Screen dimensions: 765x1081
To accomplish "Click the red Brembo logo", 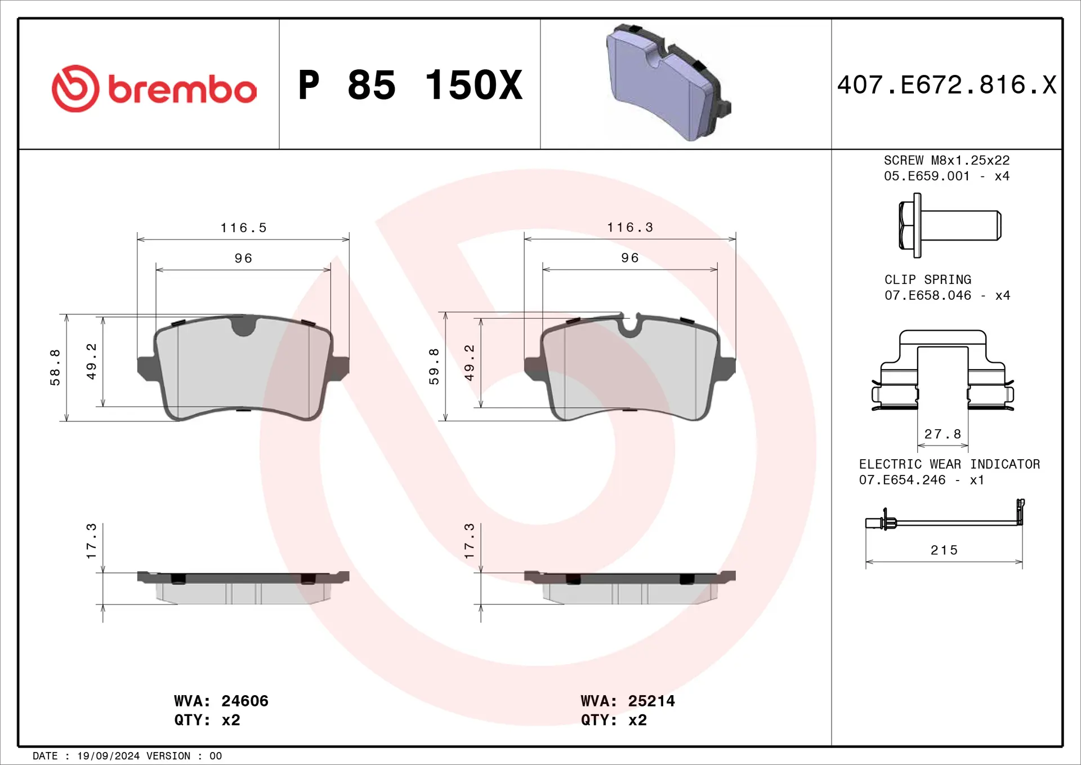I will [154, 88].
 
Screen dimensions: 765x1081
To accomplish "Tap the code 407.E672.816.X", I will [946, 85].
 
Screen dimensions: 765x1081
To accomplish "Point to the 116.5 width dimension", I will [243, 228].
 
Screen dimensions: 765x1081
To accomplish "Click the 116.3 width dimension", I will [629, 227].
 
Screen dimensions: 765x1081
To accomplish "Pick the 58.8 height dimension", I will [55, 367].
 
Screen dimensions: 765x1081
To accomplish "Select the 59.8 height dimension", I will [434, 367].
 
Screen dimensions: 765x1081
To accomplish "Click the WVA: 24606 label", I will [221, 701].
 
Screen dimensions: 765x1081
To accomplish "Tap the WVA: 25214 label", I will [628, 701].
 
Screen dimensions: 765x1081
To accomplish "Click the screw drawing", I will [950, 225].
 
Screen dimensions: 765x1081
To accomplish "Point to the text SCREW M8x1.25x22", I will [946, 161].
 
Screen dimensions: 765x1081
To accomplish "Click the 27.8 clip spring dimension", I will [942, 434].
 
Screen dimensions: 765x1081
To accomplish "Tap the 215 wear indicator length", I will [944, 550].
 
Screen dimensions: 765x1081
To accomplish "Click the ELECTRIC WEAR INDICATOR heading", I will [949, 464].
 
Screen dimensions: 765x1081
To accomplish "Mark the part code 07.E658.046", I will [927, 295].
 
